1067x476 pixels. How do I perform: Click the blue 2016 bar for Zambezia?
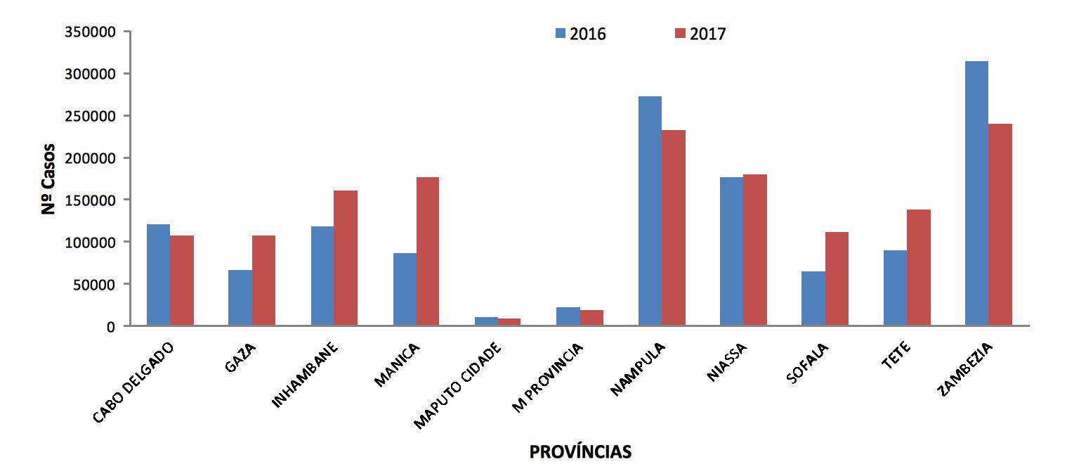[976, 193]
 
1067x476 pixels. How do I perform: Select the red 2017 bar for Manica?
[428, 251]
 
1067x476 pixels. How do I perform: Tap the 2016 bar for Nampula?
[650, 211]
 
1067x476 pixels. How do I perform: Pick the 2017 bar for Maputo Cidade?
[509, 322]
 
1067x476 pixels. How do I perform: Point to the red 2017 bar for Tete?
[918, 267]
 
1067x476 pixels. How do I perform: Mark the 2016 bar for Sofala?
[813, 298]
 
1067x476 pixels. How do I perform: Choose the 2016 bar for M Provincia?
[568, 316]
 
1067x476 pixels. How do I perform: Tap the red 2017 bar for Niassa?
[755, 250]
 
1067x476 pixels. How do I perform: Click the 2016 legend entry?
[580, 34]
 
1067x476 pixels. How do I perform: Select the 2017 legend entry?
[700, 34]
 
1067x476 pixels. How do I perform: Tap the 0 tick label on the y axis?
[111, 326]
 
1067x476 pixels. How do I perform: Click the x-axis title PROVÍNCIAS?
[580, 451]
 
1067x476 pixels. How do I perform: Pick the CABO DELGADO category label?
[133, 382]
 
